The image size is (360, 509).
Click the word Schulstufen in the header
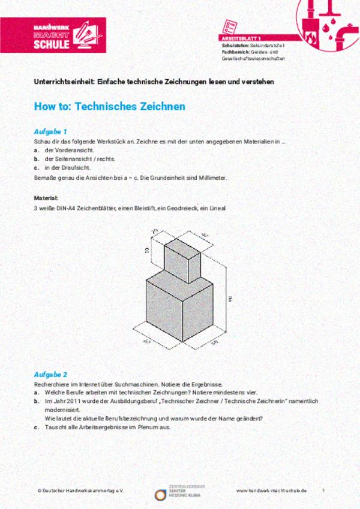pyautogui.click(x=234, y=45)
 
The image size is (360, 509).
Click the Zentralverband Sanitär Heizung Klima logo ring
pyautogui.click(x=160, y=495)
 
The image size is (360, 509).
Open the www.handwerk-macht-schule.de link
pyautogui.click(x=271, y=490)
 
